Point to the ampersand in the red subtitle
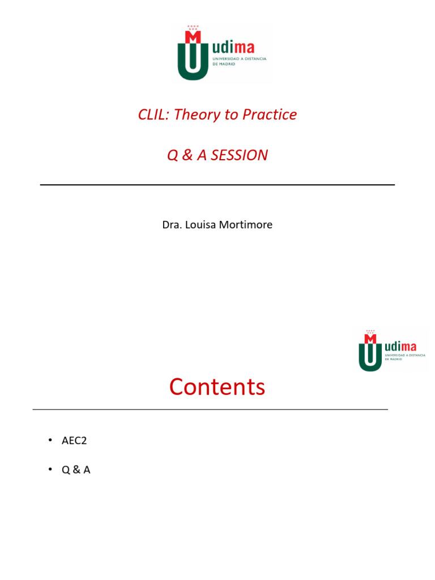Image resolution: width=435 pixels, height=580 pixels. pyautogui.click(x=187, y=155)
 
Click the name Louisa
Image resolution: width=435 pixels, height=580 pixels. pyautogui.click(x=200, y=225)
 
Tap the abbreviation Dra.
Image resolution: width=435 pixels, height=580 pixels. pyautogui.click(x=171, y=225)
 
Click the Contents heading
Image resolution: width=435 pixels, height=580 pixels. pyautogui.click(x=217, y=387)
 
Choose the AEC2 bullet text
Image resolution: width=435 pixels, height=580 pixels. pyautogui.click(x=74, y=441)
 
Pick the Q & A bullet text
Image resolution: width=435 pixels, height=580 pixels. pyautogui.click(x=76, y=470)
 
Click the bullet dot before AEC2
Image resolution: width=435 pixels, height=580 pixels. pyautogui.click(x=49, y=441)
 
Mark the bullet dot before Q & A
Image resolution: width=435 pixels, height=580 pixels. pyautogui.click(x=49, y=470)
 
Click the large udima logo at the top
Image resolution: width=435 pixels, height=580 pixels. pyautogui.click(x=221, y=53)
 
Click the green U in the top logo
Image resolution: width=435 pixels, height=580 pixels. pyautogui.click(x=193, y=62)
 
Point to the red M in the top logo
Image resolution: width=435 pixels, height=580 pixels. pyautogui.click(x=193, y=36)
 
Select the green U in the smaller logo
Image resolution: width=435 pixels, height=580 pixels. pyautogui.click(x=370, y=357)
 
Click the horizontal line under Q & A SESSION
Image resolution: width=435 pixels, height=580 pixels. pyautogui.click(x=217, y=185)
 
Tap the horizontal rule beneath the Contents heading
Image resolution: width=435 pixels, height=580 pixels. pyautogui.click(x=210, y=410)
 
